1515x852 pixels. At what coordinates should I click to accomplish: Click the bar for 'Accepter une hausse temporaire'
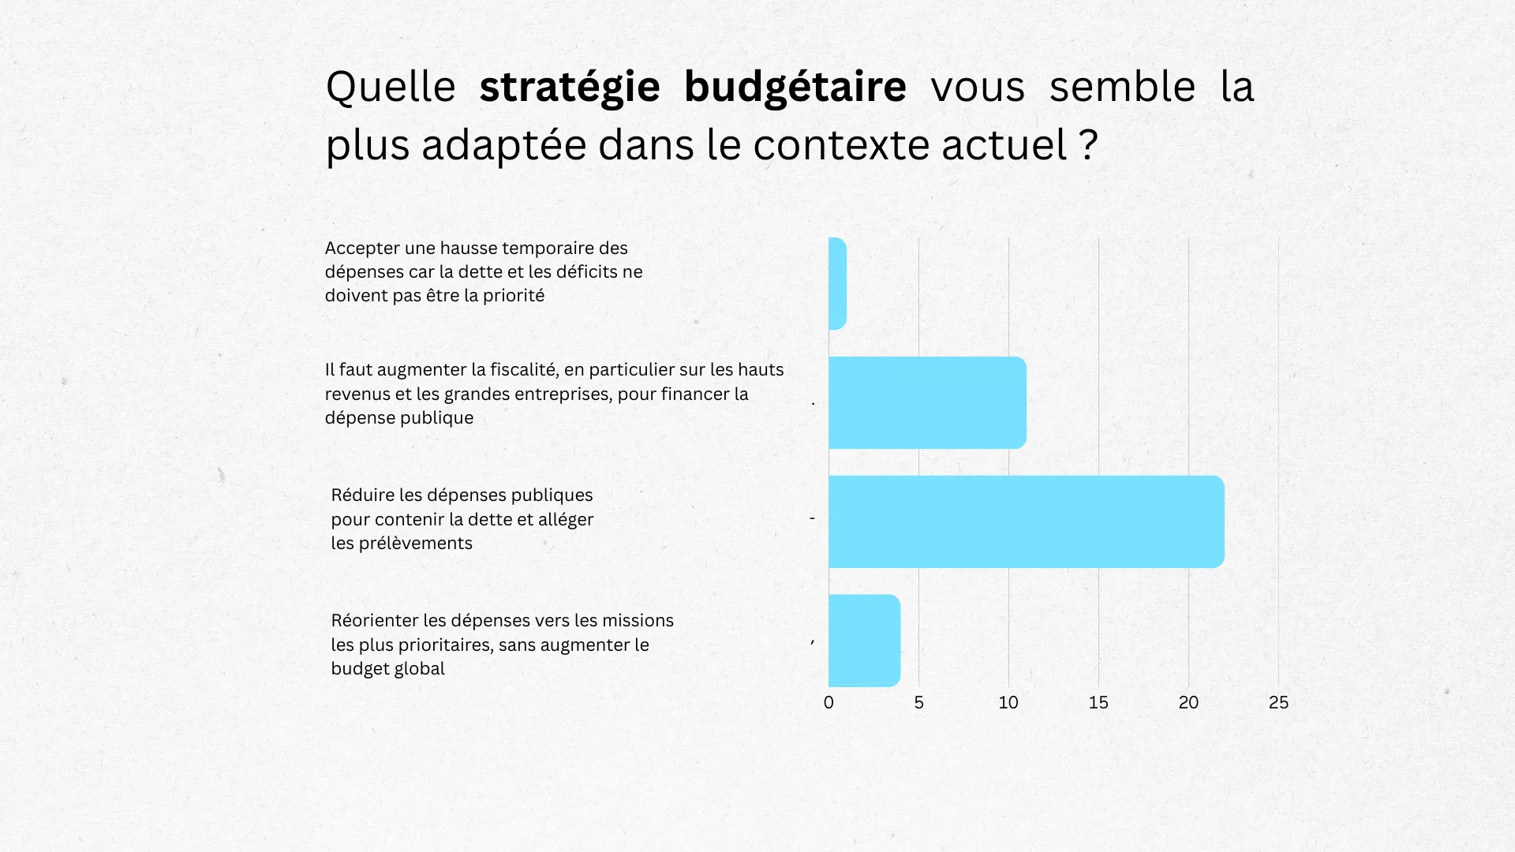pyautogui.click(x=837, y=283)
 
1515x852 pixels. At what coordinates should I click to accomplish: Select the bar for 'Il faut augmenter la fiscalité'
pyautogui.click(x=927, y=402)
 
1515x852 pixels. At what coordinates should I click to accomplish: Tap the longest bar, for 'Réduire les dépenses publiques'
pyautogui.click(x=1026, y=521)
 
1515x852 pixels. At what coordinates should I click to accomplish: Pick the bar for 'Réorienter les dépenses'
pyautogui.click(x=864, y=641)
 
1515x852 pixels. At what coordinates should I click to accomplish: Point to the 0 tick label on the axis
pyautogui.click(x=829, y=702)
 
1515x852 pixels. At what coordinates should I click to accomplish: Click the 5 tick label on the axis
pyautogui.click(x=918, y=702)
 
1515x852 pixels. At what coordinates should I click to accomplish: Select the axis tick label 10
pyautogui.click(x=1008, y=702)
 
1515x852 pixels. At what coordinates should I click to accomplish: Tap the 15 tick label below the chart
pyautogui.click(x=1098, y=702)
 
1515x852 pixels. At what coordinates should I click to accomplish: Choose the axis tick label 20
pyautogui.click(x=1188, y=702)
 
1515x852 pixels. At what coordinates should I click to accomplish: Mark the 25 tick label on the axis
pyautogui.click(x=1278, y=702)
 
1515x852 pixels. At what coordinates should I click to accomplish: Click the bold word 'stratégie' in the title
pyautogui.click(x=569, y=87)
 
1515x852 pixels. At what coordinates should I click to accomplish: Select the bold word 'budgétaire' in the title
pyautogui.click(x=795, y=87)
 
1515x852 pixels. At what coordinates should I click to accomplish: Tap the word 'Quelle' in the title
pyautogui.click(x=391, y=87)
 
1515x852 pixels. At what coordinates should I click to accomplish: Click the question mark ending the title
pyautogui.click(x=1088, y=145)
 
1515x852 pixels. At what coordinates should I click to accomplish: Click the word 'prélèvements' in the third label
pyautogui.click(x=415, y=544)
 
